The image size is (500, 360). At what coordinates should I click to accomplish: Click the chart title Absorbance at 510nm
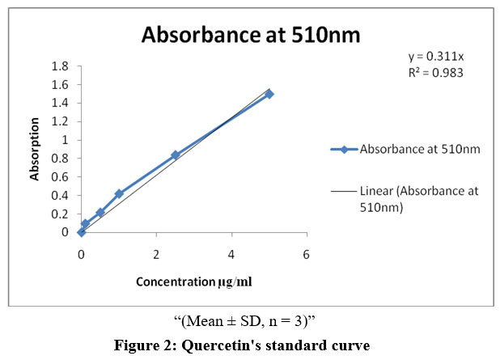[x=250, y=36]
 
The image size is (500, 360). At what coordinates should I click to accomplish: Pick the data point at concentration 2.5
[x=176, y=155]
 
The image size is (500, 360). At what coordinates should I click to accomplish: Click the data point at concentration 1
[x=119, y=193]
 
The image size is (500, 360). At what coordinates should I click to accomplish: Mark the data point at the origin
[x=81, y=232]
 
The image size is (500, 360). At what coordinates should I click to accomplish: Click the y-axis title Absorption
[x=35, y=149]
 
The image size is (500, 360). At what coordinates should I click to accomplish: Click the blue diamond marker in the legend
[x=344, y=150]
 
